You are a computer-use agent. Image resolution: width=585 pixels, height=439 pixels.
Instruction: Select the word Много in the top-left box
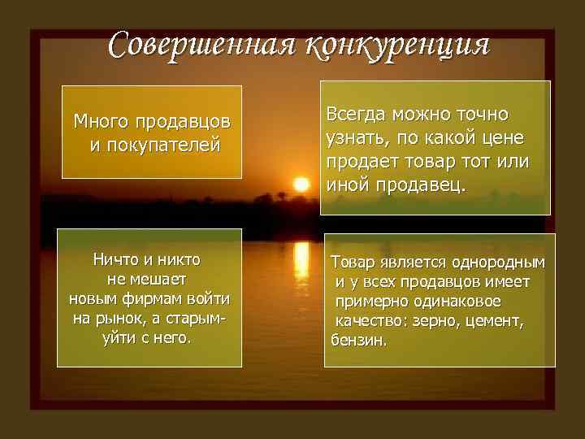click(98, 122)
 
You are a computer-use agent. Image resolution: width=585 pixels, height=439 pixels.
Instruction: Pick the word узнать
click(355, 137)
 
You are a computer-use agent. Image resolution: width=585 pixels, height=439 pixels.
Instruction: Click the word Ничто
click(119, 260)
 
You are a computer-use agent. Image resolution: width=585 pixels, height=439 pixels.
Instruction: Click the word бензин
click(358, 339)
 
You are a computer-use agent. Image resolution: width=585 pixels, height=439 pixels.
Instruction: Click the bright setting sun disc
click(301, 184)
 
